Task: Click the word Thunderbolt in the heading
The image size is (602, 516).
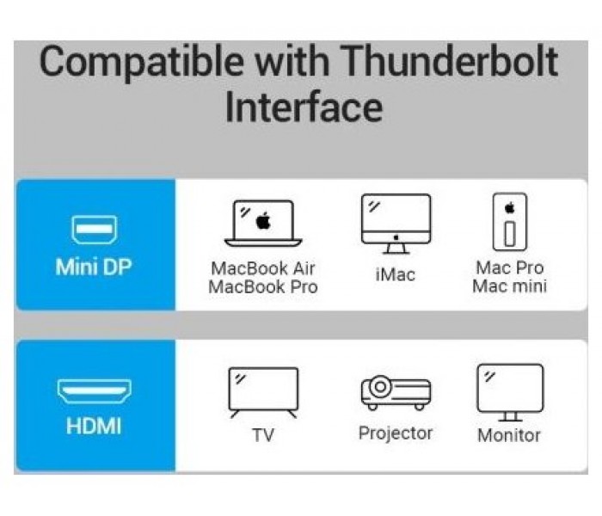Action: tap(448, 61)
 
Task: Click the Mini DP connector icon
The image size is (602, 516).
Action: tap(95, 230)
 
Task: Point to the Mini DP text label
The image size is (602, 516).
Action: tap(94, 267)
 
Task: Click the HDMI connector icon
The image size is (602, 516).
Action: tap(95, 390)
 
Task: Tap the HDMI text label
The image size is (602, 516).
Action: tap(94, 427)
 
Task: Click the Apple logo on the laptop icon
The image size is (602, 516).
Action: tap(263, 221)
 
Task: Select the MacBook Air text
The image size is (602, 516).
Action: tap(263, 268)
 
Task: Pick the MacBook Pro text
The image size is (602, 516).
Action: tap(263, 286)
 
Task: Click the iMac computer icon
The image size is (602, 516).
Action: tap(396, 224)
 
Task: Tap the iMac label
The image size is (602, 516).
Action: tap(396, 274)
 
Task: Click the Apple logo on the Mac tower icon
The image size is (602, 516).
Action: tap(510, 208)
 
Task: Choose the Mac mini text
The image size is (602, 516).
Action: tap(510, 286)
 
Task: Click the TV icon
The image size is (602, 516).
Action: tap(263, 392)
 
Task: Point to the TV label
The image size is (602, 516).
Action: tap(263, 435)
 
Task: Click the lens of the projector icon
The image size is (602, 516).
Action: tap(380, 387)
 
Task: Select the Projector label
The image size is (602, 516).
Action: tap(396, 433)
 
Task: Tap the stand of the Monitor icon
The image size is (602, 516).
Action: tap(510, 416)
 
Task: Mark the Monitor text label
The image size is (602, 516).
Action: tap(509, 435)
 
